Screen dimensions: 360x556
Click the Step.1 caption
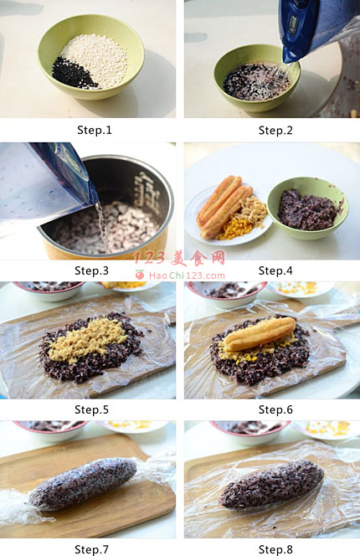pos(95,130)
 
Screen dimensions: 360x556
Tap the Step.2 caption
pos(275,130)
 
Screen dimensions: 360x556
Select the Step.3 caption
pos(91,270)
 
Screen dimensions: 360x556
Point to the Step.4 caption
pos(275,270)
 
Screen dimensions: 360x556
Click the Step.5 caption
pos(91,409)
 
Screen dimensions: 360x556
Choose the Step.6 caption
pos(275,409)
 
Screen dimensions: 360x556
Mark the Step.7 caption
pos(91,549)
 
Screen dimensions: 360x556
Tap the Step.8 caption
pos(275,549)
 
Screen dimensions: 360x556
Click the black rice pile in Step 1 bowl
pos(72,74)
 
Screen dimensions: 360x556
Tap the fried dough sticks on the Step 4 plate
pos(224,206)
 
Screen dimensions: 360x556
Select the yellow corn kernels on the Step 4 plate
pos(230,229)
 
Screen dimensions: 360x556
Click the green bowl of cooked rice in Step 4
pos(307,208)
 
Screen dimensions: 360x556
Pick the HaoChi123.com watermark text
pos(187,275)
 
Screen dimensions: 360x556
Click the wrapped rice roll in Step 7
pos(83,484)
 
